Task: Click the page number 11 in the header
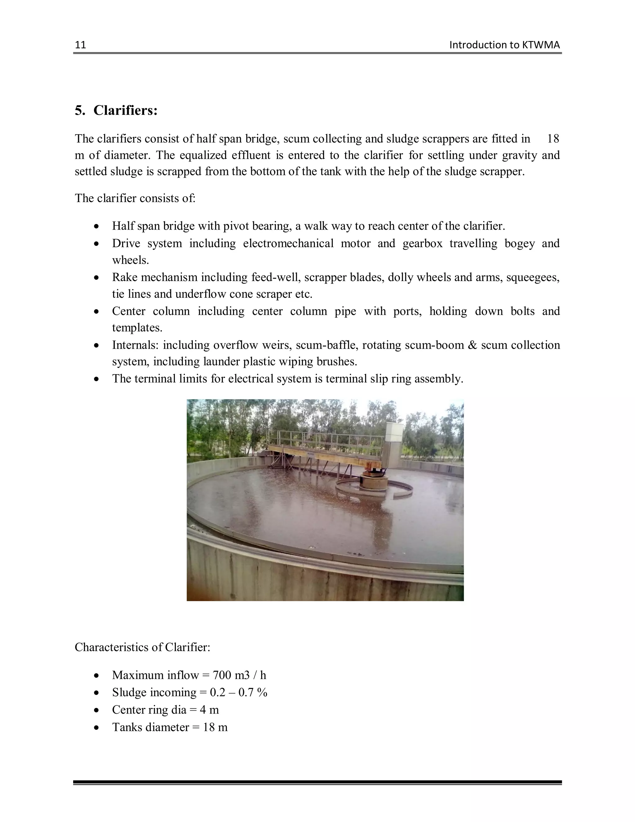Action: pos(81,45)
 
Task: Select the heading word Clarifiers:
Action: pos(125,110)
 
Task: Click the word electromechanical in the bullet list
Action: pos(288,243)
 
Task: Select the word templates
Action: pos(137,328)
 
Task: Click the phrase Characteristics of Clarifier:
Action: pos(142,647)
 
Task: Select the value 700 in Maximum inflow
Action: pos(222,675)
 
